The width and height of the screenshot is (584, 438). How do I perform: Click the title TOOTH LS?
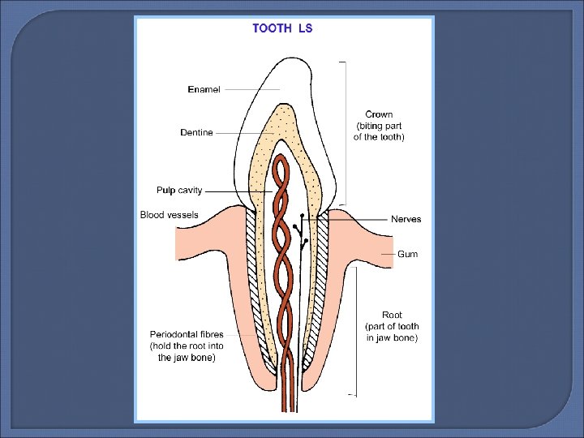click(282, 28)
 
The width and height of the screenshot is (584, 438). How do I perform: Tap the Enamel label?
click(204, 89)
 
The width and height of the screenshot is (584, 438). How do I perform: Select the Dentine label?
click(196, 132)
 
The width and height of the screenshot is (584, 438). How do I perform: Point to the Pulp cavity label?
click(179, 191)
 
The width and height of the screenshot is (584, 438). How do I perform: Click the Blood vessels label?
click(169, 215)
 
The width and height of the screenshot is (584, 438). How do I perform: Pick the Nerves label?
click(406, 219)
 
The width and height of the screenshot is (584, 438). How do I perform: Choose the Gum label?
click(407, 254)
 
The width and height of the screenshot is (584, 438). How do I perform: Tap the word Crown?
click(379, 114)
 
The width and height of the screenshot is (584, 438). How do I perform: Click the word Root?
click(392, 315)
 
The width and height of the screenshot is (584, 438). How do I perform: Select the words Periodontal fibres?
click(187, 334)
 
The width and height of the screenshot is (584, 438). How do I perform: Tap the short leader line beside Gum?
click(391, 255)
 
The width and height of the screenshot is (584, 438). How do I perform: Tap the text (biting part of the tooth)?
click(379, 131)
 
